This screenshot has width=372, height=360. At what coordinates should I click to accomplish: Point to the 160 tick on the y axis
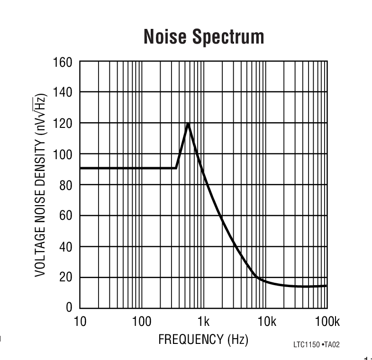(63, 62)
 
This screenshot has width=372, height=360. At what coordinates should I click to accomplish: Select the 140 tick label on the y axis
(63, 92)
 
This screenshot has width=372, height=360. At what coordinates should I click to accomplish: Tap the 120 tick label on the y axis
(63, 124)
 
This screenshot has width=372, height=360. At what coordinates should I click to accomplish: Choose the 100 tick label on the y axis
(63, 154)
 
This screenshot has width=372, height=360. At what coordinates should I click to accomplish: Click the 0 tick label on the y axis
(69, 308)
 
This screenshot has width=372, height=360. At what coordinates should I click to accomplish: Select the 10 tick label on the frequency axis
(80, 323)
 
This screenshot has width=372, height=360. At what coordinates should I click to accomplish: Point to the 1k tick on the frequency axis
(203, 323)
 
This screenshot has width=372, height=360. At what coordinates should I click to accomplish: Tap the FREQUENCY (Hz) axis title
(203, 340)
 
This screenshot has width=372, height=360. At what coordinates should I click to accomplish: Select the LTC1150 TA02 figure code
(316, 345)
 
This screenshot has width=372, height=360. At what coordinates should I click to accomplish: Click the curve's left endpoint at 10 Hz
(80, 168)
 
